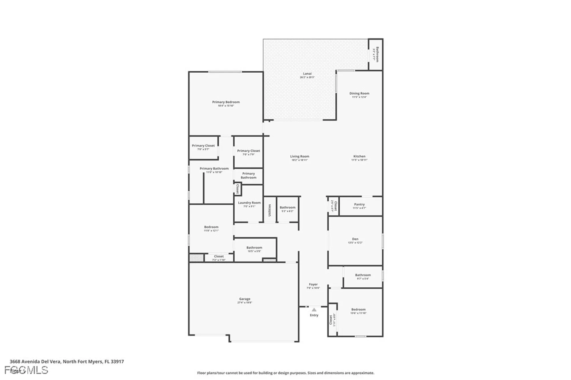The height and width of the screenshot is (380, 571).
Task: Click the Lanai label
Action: point(307,74)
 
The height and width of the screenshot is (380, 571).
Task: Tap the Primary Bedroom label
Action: point(226,102)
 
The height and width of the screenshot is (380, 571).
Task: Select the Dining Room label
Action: point(359,94)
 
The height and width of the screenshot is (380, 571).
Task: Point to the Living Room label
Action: point(299,157)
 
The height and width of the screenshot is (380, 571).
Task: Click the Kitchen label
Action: point(359,157)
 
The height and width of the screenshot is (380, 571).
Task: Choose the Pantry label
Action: point(359,204)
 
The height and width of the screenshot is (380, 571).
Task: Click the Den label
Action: point(355,239)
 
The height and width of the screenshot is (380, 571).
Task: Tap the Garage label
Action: point(245,299)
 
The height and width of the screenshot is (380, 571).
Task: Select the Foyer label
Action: point(313,285)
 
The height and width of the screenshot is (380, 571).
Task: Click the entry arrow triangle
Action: point(314,310)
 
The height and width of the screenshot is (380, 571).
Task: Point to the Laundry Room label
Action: point(249,203)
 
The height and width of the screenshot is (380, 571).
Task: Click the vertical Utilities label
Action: point(270,210)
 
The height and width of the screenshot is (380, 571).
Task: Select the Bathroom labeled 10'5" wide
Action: point(254,248)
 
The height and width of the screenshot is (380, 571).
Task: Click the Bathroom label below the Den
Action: point(363,275)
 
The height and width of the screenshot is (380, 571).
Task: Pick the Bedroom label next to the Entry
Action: point(358,310)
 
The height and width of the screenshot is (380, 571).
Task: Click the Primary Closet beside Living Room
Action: point(248,151)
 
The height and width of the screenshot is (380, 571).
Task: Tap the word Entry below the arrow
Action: point(314,315)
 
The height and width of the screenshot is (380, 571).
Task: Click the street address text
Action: point(67,361)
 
